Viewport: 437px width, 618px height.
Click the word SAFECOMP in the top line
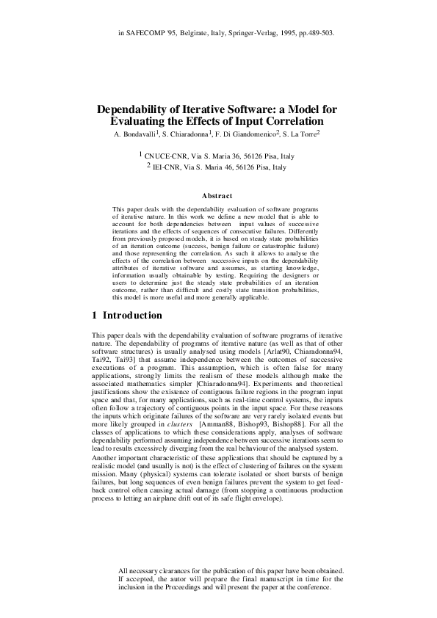click(x=145, y=33)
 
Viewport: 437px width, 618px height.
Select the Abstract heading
click(x=217, y=196)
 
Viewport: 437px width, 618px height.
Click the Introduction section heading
click(x=132, y=316)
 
